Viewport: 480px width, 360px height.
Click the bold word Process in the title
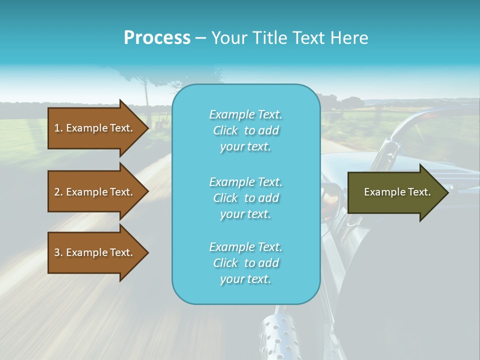click(157, 38)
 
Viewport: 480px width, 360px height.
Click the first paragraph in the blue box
click(245, 130)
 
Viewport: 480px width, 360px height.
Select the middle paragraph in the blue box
click(245, 198)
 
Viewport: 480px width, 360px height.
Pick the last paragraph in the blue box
click(245, 263)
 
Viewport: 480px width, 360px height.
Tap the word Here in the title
click(351, 38)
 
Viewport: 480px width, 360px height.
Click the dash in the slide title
click(200, 38)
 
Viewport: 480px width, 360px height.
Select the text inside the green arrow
click(397, 192)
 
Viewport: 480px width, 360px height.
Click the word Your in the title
click(227, 38)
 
